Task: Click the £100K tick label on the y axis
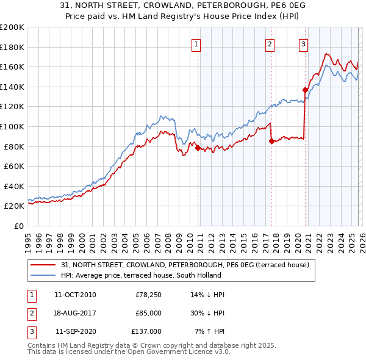12,126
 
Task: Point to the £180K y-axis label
12,47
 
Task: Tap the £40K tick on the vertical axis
13,186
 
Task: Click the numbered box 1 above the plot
196,43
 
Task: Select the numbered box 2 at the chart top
270,43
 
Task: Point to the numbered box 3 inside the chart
303,43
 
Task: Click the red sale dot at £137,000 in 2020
305,90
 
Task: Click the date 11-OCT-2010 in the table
75,295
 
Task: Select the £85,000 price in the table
149,313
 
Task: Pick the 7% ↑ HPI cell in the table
209,331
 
